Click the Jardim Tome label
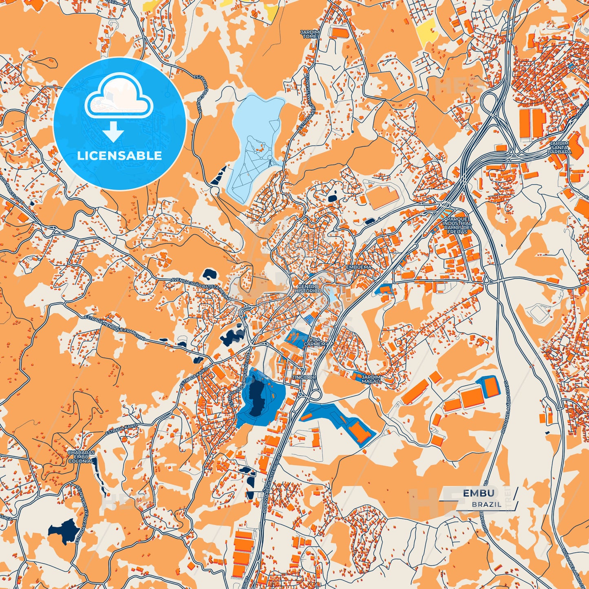click(310, 34)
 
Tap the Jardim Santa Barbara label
click(560, 148)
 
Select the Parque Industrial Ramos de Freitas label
click(457, 225)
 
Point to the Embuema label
click(359, 267)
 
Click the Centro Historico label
click(308, 289)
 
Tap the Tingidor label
click(304, 377)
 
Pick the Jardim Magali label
click(371, 379)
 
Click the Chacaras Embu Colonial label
click(81, 457)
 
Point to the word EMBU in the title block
click(479, 493)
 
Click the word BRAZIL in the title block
click(487, 504)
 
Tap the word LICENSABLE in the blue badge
click(120, 156)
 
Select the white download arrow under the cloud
click(113, 132)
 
